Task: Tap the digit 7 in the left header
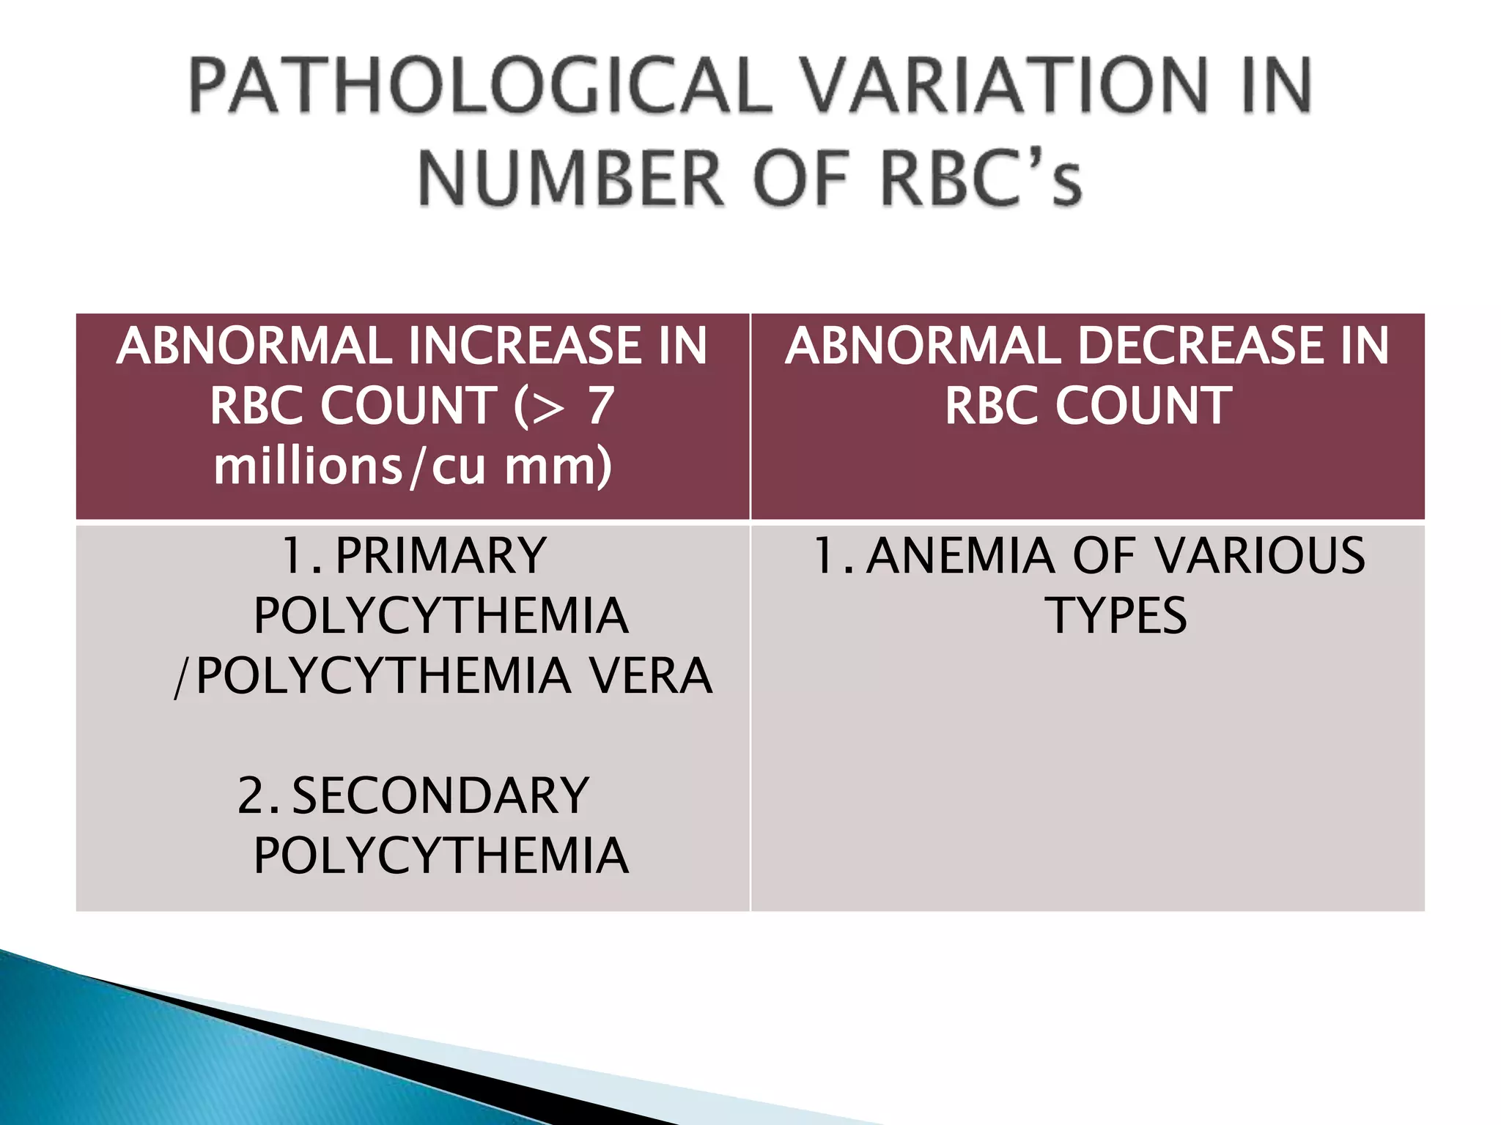600,406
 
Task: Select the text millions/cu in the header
349,467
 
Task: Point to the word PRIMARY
440,556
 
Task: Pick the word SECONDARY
440,796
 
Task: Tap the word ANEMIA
961,556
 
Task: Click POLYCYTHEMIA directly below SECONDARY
440,856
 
